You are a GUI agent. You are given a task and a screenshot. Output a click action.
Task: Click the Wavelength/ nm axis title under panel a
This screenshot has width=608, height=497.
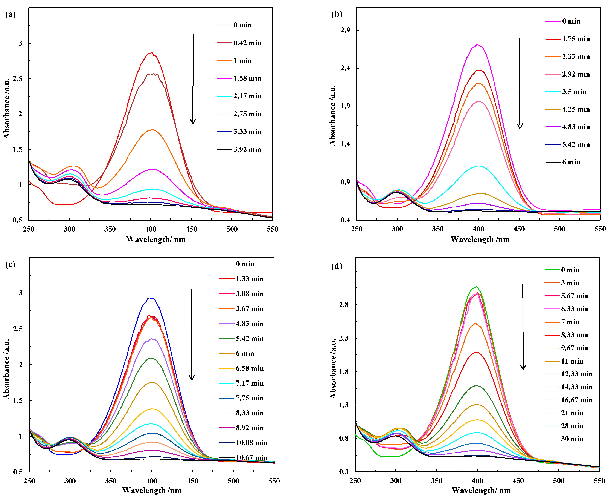pyautogui.click(x=156, y=239)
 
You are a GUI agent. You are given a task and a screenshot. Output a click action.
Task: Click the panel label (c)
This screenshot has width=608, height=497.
pyautogui.click(x=10, y=264)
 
